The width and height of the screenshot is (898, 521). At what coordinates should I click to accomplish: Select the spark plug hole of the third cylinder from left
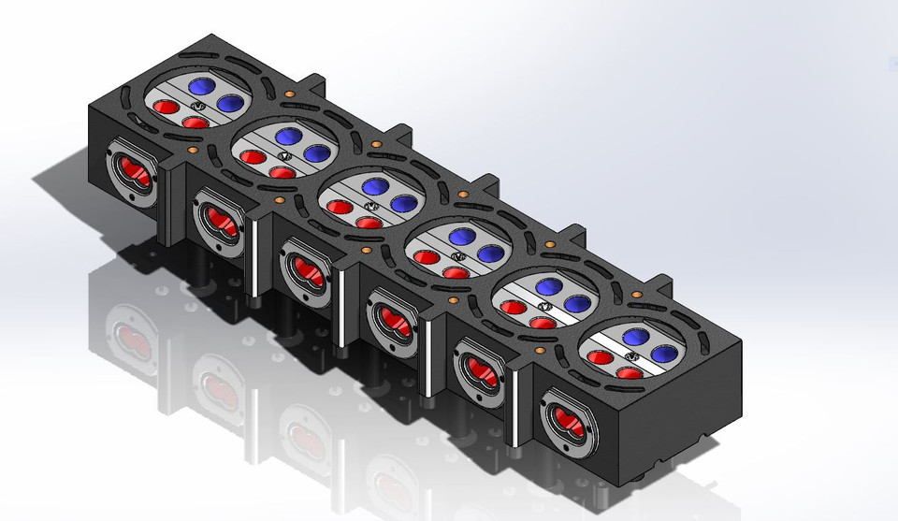(x=369, y=205)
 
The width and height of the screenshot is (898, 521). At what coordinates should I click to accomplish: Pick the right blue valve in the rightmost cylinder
(x=665, y=354)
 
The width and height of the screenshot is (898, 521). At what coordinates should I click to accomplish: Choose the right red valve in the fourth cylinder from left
(x=456, y=272)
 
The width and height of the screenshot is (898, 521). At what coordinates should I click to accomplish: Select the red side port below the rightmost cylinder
(x=566, y=421)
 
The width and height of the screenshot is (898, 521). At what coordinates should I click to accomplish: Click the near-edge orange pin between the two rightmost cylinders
(x=541, y=350)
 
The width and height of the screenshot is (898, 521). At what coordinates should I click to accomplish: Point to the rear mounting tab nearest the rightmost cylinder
(x=667, y=282)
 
